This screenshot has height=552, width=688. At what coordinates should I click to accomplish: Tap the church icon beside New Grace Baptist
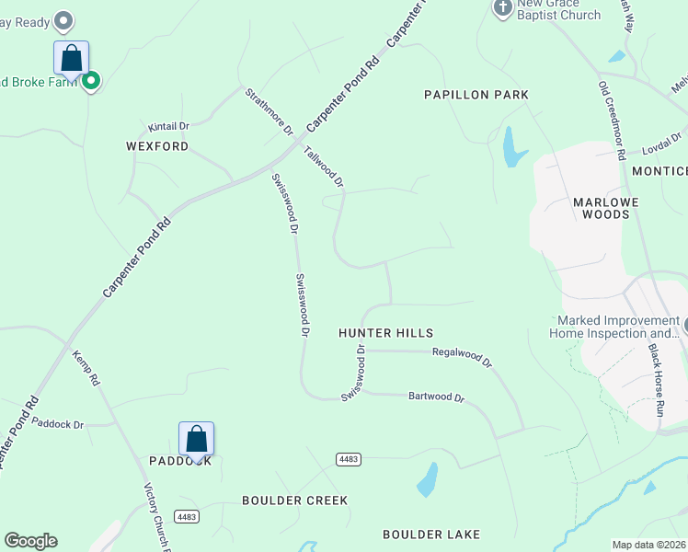tap(502, 8)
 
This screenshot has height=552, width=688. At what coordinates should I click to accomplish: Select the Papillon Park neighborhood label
tap(476, 95)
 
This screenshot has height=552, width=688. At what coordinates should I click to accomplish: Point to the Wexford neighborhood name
tap(157, 146)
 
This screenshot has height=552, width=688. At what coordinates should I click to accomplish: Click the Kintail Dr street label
tap(168, 126)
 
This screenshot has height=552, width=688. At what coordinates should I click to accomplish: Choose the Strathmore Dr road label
tap(268, 110)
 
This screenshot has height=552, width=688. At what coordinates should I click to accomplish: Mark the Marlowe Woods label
tap(601, 207)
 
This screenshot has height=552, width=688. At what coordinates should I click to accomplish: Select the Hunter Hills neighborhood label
tap(385, 333)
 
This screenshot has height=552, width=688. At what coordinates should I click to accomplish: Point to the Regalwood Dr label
tap(462, 356)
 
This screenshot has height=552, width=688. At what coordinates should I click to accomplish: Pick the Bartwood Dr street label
tap(436, 397)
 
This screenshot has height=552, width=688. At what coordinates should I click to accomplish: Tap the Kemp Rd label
tap(86, 367)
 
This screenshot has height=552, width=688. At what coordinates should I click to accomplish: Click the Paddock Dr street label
tap(57, 424)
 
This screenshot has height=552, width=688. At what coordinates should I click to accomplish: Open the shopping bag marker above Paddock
tap(197, 439)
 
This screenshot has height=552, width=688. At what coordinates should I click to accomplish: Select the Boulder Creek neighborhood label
tap(294, 500)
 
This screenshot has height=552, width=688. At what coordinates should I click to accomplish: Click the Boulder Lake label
tap(431, 534)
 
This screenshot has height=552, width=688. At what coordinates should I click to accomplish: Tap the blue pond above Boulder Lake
tap(427, 478)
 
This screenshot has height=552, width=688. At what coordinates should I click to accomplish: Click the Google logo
tap(30, 541)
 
